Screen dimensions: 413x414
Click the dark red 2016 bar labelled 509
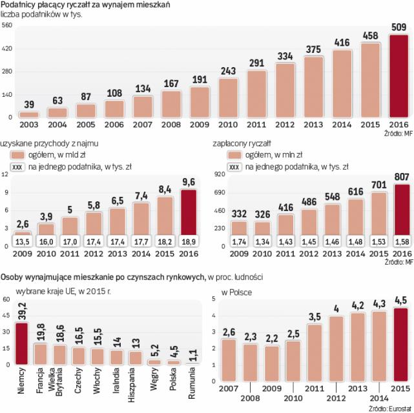coord(398,76)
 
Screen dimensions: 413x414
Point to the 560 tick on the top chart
coord(7,26)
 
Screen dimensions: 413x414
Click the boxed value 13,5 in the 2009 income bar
coord(23,242)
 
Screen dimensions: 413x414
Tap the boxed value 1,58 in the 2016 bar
coord(402,242)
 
